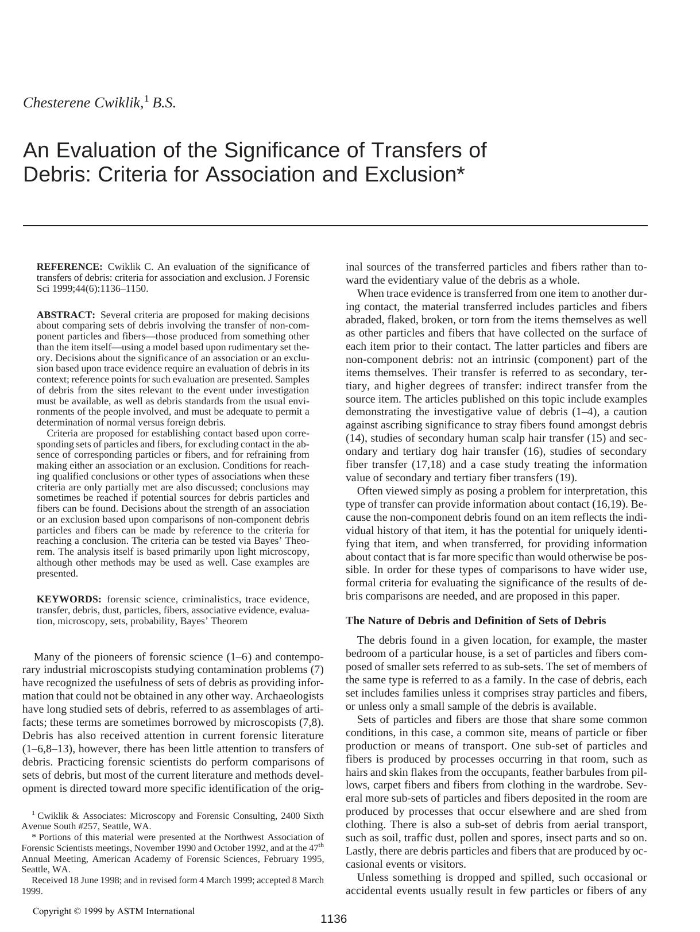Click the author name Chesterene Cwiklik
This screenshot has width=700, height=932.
click(x=82, y=103)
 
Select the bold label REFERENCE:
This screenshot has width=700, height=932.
click(x=69, y=266)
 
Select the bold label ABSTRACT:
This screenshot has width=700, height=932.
click(x=65, y=315)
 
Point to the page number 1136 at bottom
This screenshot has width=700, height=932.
click(x=334, y=919)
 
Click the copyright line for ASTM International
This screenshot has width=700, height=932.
click(x=114, y=911)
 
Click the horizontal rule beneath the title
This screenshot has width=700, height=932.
click(x=335, y=226)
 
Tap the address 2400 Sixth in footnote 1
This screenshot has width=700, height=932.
click(x=300, y=815)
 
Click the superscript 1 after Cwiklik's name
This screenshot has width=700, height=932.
click(x=146, y=99)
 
